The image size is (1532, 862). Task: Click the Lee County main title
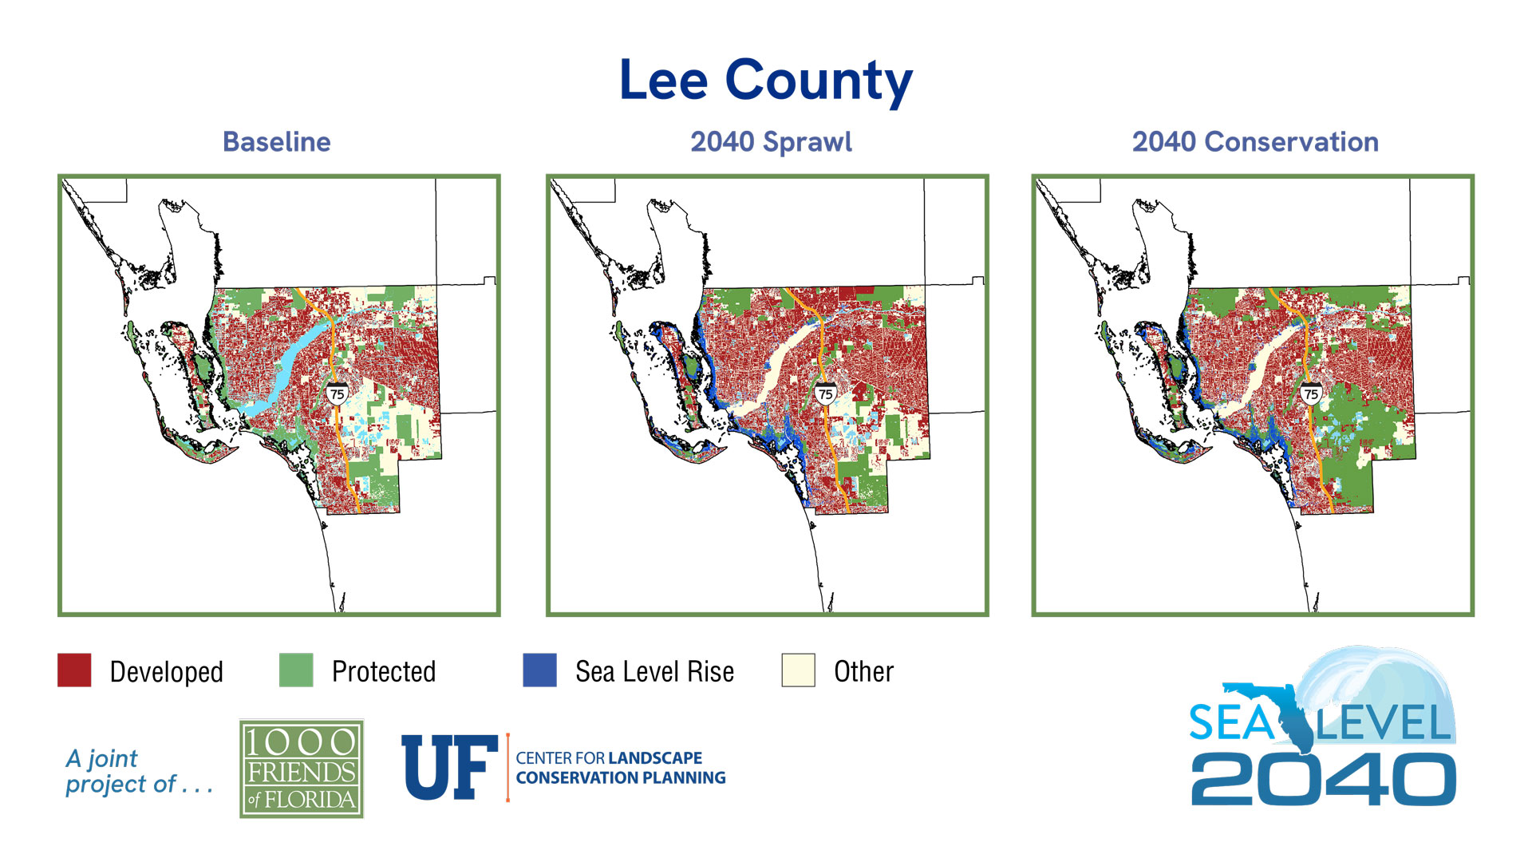pyautogui.click(x=765, y=81)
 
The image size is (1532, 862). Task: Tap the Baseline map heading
pyautogui.click(x=276, y=142)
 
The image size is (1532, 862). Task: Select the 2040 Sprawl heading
pyautogui.click(x=771, y=142)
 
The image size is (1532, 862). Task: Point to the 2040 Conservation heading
pyautogui.click(x=1254, y=142)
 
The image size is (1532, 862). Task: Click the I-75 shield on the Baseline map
pyautogui.click(x=337, y=393)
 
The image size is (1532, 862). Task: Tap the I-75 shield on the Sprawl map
pyautogui.click(x=825, y=393)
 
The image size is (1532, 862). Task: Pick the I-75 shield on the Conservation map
pyautogui.click(x=1310, y=393)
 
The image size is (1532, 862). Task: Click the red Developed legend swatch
pyautogui.click(x=74, y=670)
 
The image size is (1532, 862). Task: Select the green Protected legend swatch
pyautogui.click(x=296, y=670)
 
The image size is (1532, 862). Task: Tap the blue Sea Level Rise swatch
pyautogui.click(x=539, y=670)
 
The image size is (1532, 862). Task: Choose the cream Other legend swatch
pyautogui.click(x=798, y=670)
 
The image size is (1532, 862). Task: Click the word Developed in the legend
pyautogui.click(x=166, y=672)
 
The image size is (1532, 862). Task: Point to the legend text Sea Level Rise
pyautogui.click(x=654, y=672)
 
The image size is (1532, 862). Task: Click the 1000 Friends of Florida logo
pyautogui.click(x=302, y=769)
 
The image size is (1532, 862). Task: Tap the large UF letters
pyautogui.click(x=448, y=768)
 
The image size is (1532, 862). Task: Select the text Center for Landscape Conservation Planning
pyautogui.click(x=620, y=768)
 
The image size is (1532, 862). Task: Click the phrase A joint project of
pyautogui.click(x=137, y=771)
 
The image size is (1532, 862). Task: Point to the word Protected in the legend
pyautogui.click(x=383, y=672)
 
